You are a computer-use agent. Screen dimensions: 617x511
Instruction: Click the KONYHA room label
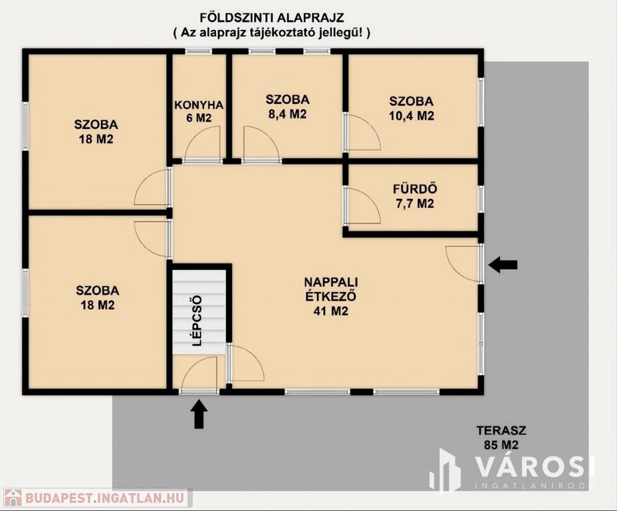tap(199, 105)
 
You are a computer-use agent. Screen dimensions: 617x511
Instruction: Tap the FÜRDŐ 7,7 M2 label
tap(415, 196)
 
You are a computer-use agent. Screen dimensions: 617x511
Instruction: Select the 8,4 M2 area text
tap(287, 114)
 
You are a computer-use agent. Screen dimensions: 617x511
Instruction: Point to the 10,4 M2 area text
tap(412, 116)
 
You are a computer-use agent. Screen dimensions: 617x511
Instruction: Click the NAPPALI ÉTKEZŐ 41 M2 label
tap(331, 297)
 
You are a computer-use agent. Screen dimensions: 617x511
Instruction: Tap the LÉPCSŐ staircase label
tap(197, 321)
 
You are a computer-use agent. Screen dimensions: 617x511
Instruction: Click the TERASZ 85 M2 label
tap(501, 437)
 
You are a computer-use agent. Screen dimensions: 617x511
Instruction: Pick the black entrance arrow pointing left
tap(503, 265)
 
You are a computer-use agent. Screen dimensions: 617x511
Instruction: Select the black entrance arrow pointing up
tap(199, 414)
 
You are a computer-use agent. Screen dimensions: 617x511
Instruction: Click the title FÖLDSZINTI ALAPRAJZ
tap(272, 18)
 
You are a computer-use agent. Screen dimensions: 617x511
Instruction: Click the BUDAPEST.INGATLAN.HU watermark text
tap(105, 498)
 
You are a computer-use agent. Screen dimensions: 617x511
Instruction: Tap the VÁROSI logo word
tap(535, 466)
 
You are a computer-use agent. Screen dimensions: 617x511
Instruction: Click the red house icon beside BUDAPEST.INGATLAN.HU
tap(12, 498)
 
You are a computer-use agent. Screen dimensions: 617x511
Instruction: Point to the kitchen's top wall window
tap(199, 51)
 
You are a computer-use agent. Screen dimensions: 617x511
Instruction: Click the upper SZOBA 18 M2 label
tap(96, 132)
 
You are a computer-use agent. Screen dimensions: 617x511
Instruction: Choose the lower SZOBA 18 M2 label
tap(98, 297)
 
